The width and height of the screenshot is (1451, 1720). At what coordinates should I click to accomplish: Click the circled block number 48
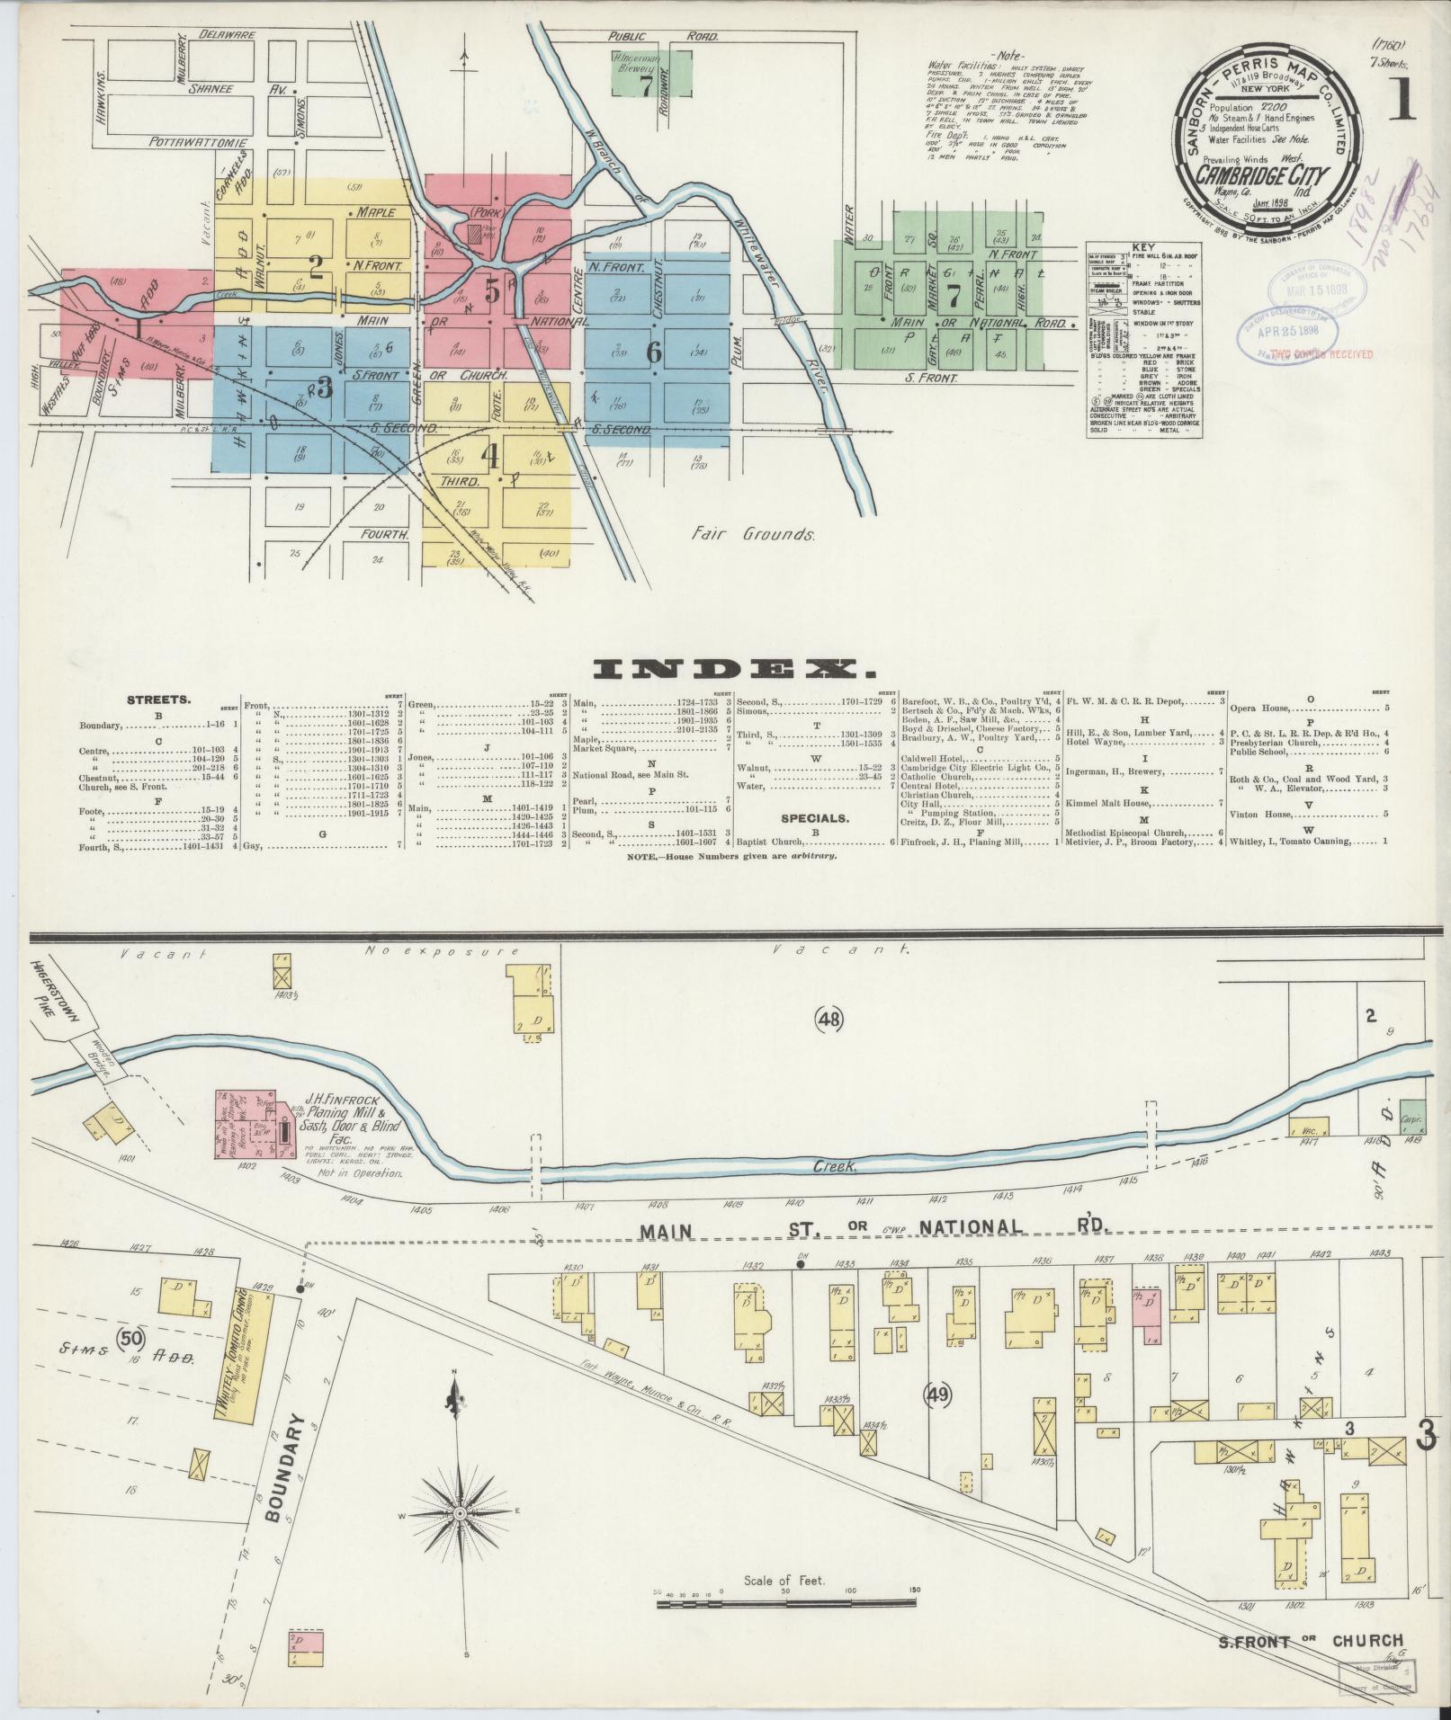[x=828, y=1019]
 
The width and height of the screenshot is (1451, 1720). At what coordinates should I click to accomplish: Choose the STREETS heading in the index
[x=158, y=698]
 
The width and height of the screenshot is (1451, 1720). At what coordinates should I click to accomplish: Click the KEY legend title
[x=1144, y=246]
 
